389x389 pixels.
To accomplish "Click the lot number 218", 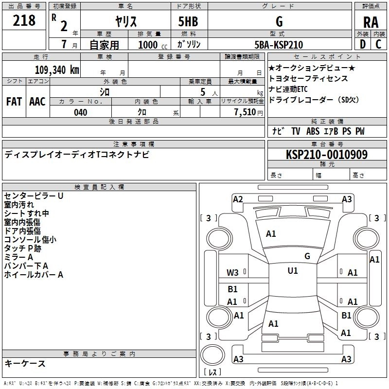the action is [x=24, y=20].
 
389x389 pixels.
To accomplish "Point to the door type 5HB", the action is [x=188, y=21].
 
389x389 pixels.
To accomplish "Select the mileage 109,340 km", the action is [x=56, y=70].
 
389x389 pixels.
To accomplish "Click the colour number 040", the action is [x=80, y=112].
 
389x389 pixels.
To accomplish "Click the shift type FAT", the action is [x=14, y=102].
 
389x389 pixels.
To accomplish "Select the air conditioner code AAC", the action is [x=37, y=102].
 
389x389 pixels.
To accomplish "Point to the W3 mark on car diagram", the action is [x=233, y=272].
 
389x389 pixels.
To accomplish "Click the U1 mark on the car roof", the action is [x=293, y=271].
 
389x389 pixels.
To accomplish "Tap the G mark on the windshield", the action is [x=307, y=256].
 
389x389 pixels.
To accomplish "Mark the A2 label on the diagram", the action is [x=238, y=199].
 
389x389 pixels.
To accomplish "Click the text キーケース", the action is [x=25, y=363].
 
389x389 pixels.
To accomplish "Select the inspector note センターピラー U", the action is [x=34, y=196].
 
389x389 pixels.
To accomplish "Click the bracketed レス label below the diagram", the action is [x=212, y=373].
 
